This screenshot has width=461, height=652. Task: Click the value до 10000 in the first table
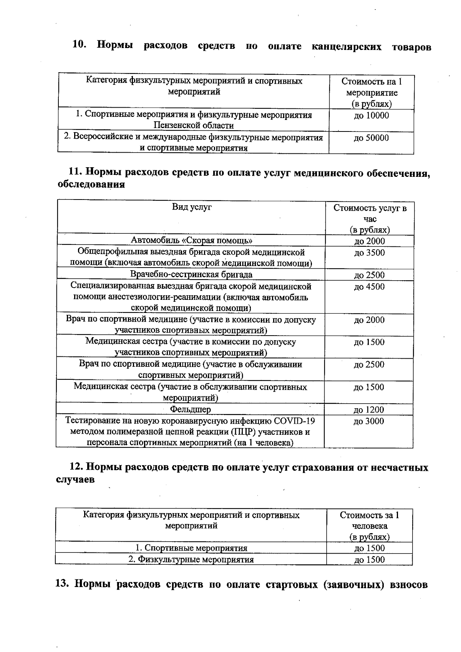(371, 116)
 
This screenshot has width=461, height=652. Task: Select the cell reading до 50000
(371, 138)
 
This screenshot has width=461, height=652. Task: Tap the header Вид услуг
(192, 207)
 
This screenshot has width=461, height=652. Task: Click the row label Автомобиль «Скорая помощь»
(192, 241)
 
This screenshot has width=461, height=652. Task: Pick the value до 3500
(369, 253)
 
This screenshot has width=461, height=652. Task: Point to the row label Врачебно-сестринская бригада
(191, 274)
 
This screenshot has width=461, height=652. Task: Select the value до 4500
(369, 287)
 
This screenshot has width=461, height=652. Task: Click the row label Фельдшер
(191, 409)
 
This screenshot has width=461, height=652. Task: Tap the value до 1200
(369, 410)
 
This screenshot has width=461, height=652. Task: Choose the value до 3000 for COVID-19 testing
(369, 421)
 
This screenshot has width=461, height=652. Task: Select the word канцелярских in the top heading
(346, 47)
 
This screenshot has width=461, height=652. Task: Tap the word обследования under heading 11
(91, 185)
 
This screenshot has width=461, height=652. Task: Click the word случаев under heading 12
(75, 480)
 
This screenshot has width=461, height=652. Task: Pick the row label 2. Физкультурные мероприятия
(191, 559)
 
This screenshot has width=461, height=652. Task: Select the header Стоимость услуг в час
(370, 214)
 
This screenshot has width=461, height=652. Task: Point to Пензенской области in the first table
(194, 125)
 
